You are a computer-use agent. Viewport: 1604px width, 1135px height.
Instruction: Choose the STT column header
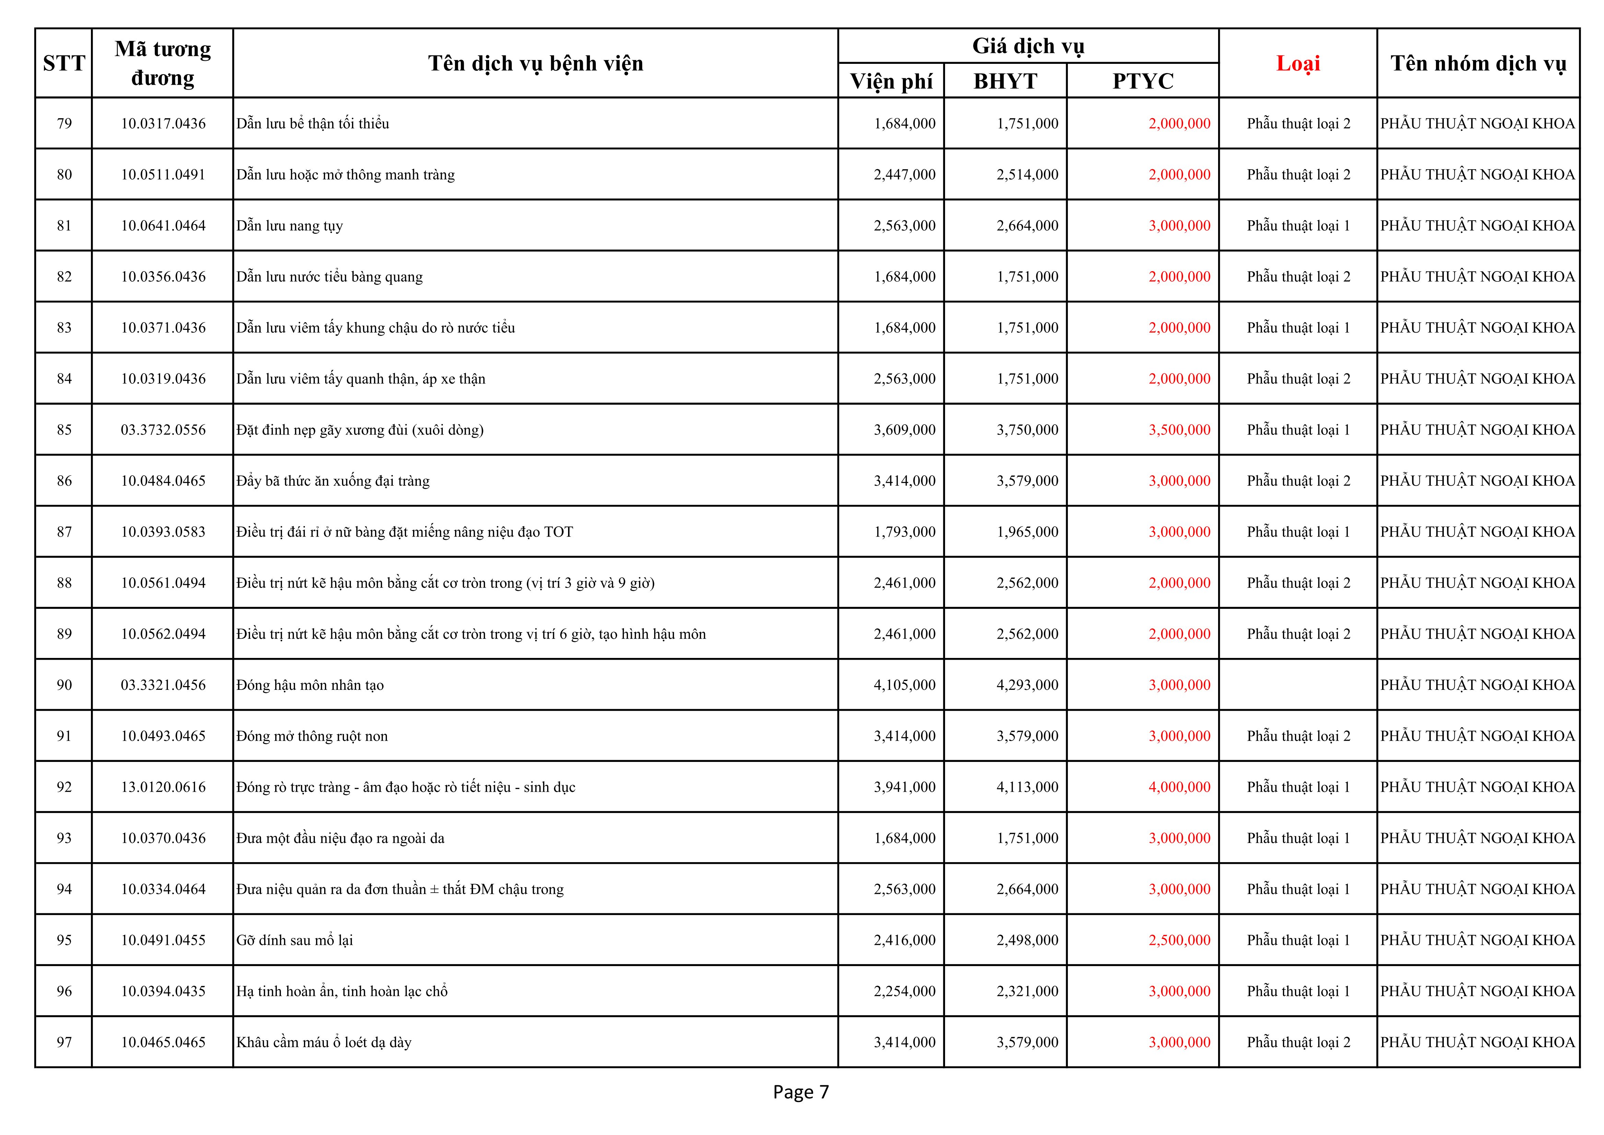tap(63, 63)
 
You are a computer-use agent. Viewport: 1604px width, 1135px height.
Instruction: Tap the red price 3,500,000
tap(1179, 430)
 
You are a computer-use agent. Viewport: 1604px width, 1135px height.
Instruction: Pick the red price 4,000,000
tap(1179, 787)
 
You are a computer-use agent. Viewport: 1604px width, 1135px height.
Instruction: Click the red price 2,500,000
tap(1179, 940)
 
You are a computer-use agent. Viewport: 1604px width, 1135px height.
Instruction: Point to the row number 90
tap(64, 685)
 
